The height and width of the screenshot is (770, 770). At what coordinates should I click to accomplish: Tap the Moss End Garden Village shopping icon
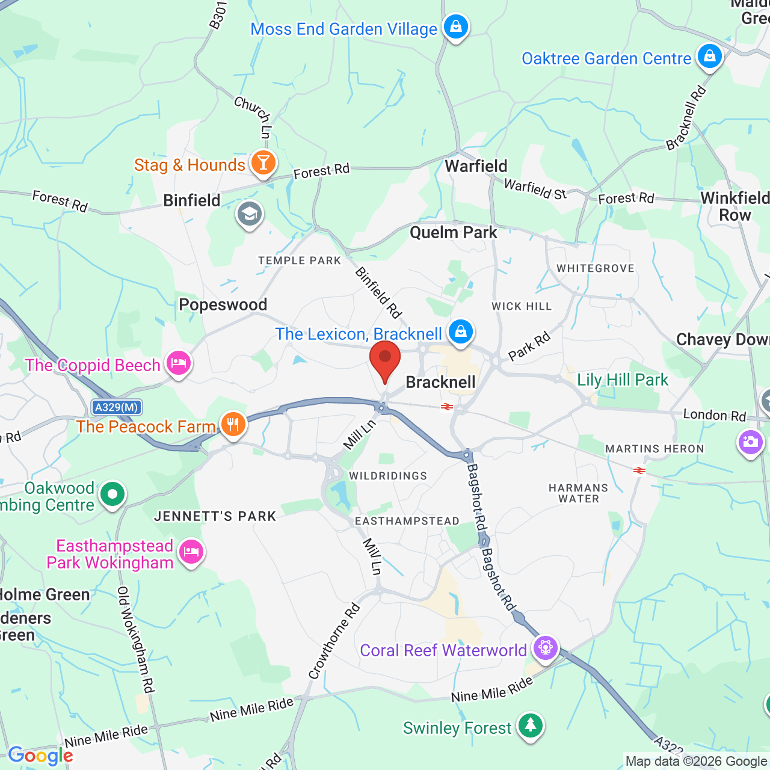tap(456, 27)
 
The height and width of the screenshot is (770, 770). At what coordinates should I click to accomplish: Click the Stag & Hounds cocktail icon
tap(263, 163)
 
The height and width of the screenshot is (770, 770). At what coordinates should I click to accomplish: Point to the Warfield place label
tap(476, 166)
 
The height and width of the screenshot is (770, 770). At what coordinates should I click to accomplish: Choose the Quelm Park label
tap(453, 232)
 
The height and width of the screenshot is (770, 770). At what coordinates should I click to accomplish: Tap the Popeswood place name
tap(223, 304)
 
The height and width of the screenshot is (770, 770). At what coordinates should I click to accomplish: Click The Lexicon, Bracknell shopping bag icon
tap(460, 332)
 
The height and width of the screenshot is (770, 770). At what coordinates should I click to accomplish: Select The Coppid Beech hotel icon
tap(179, 363)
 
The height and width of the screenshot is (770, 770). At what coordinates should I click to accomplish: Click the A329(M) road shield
tap(117, 407)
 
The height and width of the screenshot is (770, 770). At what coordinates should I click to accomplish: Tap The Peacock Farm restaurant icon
tap(233, 425)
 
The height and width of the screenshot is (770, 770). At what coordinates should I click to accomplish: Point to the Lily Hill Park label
tap(622, 380)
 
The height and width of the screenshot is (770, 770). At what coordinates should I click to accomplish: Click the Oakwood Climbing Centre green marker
tap(112, 494)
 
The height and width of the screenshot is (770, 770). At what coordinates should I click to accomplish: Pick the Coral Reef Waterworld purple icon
tap(546, 648)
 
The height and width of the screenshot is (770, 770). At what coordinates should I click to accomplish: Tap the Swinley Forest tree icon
tap(530, 726)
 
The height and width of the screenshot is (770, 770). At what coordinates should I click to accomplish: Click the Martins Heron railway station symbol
tap(639, 470)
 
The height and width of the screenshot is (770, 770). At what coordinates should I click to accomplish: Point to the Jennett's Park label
tap(215, 516)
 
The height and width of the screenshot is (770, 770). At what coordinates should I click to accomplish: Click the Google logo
tap(40, 756)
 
